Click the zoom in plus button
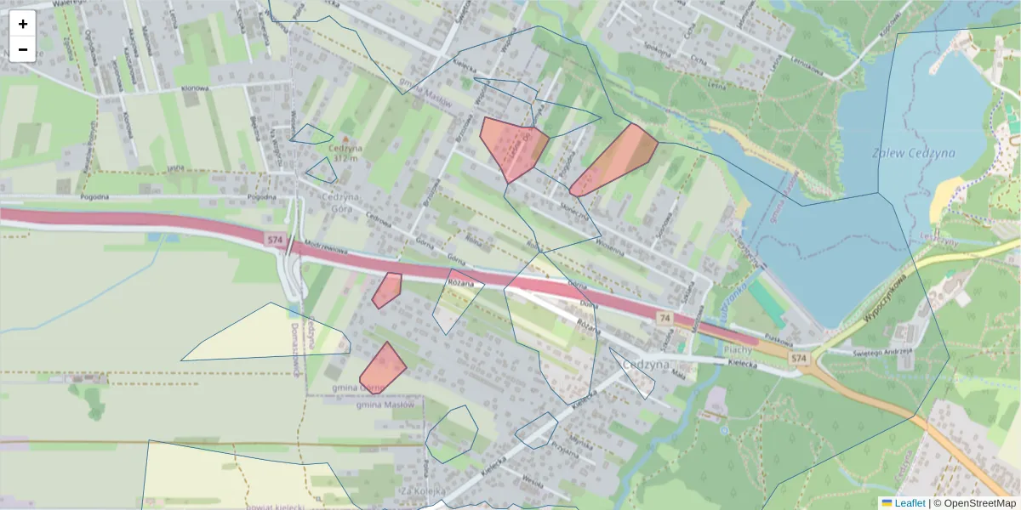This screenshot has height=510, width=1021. [x=23, y=24]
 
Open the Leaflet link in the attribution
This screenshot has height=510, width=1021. [x=909, y=503]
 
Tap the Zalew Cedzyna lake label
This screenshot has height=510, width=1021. [x=913, y=153]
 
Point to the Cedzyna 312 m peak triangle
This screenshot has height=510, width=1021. [x=345, y=137]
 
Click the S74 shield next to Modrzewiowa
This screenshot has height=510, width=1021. [x=274, y=241]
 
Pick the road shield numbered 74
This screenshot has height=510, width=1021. [x=664, y=317]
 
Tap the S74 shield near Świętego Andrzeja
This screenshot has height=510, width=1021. [x=798, y=360]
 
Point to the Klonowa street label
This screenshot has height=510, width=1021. [x=196, y=88]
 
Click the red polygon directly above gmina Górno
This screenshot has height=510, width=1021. [x=383, y=367]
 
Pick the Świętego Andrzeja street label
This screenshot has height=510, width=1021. [x=885, y=349]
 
